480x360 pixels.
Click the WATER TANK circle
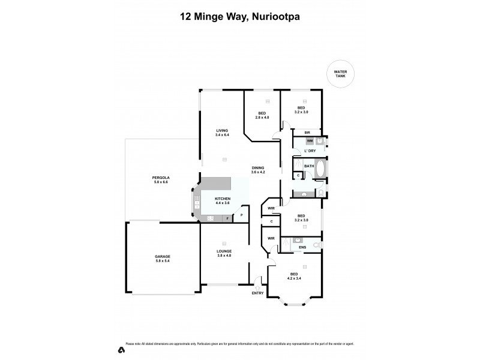click(x=340, y=75)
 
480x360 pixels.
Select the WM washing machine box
click(x=310, y=141)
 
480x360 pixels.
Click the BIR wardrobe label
click(x=307, y=133)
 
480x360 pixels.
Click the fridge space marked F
click(x=227, y=219)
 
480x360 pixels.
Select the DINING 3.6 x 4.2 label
click(x=258, y=170)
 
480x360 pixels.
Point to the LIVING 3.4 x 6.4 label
click(x=223, y=133)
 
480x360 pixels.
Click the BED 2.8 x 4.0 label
click(x=262, y=116)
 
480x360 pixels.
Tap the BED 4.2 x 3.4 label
click(x=294, y=276)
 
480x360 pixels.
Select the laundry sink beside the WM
click(x=320, y=141)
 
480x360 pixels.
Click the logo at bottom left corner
click(x=121, y=349)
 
